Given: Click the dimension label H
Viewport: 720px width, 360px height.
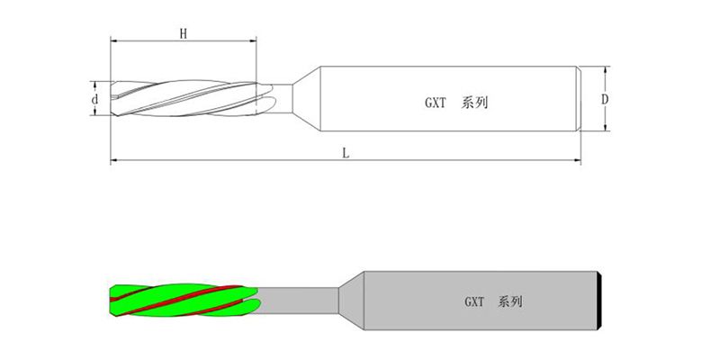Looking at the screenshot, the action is (x=184, y=33).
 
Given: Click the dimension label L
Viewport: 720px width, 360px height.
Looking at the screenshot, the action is (x=346, y=153).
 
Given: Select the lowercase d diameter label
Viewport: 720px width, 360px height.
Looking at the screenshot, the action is (x=94, y=98).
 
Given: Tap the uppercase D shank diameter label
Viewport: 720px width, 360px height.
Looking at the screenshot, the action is (x=605, y=99).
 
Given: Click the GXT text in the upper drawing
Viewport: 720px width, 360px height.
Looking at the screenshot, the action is (x=435, y=103).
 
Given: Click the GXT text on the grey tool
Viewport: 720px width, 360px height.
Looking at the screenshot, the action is (x=474, y=301).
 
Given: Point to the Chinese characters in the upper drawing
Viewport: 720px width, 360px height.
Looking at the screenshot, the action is (x=474, y=103).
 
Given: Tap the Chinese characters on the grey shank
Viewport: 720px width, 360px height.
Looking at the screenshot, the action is (x=509, y=301).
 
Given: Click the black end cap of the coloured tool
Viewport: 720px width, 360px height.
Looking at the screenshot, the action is (x=599, y=301).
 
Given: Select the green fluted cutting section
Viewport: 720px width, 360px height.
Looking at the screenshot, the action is (x=184, y=301).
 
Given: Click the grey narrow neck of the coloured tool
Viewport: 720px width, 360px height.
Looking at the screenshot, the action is (x=299, y=301).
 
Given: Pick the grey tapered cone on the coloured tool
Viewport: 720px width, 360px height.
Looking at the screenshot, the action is (x=351, y=301).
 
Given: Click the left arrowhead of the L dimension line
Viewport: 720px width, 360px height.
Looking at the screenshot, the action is (x=114, y=160).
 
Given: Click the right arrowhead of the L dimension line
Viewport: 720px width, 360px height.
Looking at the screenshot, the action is (x=577, y=160).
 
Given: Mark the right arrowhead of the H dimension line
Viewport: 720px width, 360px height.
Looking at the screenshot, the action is (x=253, y=40).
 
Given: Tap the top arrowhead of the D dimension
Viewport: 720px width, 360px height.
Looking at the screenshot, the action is (x=605, y=70).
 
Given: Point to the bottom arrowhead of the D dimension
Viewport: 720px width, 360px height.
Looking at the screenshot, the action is (x=605, y=127).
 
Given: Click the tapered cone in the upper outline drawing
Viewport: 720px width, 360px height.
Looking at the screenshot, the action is (x=307, y=99).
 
